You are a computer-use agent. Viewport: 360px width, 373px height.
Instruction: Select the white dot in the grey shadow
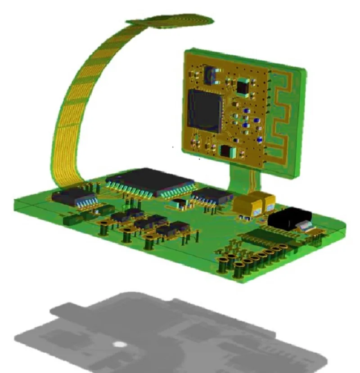pos(119,345)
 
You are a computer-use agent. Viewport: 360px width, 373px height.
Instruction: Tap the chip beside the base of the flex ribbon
pos(72,196)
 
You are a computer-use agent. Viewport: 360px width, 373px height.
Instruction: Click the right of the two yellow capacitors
pos(269,201)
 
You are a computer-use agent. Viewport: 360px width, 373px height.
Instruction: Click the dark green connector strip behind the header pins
pos(261,236)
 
